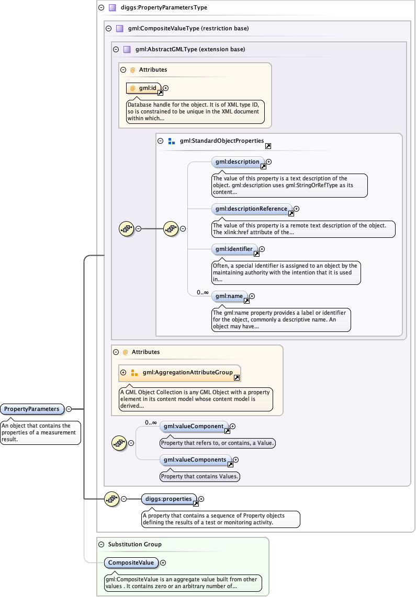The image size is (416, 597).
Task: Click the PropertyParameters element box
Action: click(32, 409)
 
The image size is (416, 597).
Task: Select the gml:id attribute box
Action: click(144, 88)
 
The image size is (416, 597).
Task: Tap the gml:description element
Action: click(236, 162)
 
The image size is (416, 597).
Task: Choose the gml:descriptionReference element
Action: click(250, 209)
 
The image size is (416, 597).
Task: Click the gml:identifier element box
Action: click(233, 249)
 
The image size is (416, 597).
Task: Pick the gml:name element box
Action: click(228, 296)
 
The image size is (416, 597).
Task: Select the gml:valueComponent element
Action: click(194, 427)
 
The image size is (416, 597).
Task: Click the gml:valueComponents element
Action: click(195, 460)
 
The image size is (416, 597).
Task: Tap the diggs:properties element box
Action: click(169, 499)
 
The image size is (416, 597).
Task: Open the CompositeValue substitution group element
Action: click(131, 562)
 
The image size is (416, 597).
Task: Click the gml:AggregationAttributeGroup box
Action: click(187, 372)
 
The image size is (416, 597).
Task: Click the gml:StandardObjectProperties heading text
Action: click(221, 141)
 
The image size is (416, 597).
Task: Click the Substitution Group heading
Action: click(134, 544)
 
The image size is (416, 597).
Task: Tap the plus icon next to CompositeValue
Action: click(163, 562)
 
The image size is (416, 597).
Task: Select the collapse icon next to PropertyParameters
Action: click(69, 409)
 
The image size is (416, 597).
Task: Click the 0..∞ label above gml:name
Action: click(203, 292)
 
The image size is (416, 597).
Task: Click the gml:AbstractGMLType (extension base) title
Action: click(190, 50)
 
